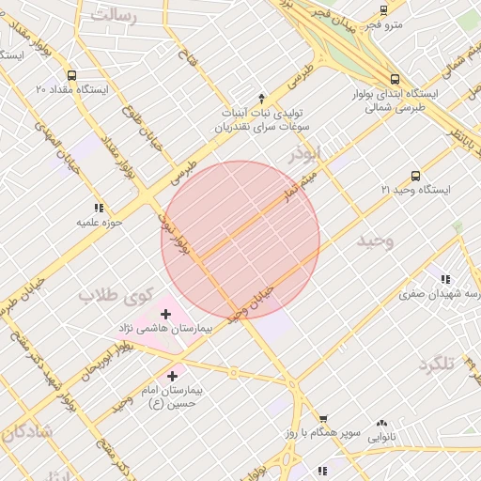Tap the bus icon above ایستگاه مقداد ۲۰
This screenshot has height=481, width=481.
click(72, 75)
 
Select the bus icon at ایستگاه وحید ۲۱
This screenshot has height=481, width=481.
click(416, 175)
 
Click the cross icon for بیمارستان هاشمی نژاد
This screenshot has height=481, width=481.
click(166, 313)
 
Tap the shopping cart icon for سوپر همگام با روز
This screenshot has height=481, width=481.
click(323, 419)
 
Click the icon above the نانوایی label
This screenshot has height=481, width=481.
click(381, 424)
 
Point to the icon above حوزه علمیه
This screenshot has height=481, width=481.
click(98, 208)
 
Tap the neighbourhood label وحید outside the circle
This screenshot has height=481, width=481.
click(375, 241)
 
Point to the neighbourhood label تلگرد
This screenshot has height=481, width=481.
click(442, 364)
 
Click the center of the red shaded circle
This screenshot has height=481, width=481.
click(240, 240)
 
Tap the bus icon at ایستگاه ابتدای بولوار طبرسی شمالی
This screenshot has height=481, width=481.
click(395, 80)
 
